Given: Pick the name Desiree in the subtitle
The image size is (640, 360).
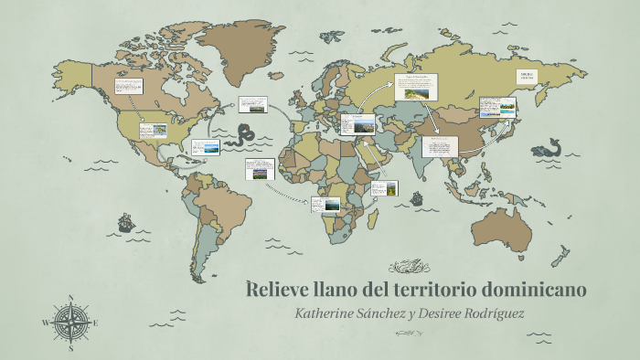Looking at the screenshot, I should (430, 312).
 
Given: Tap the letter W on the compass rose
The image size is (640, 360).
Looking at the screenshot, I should (45, 323).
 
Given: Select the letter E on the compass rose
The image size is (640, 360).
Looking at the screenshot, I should (96, 323).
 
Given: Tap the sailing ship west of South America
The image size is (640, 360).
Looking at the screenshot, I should (125, 221).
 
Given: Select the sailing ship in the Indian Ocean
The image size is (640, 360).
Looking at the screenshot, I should (417, 196).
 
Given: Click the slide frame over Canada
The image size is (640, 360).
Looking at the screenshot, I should (128, 88).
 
